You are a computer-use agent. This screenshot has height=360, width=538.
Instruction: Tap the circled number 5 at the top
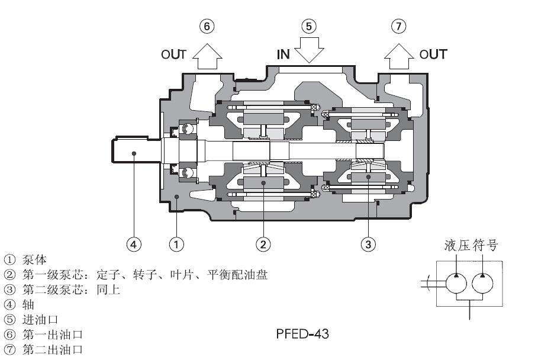[309, 26]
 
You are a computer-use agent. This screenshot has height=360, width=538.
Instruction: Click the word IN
[284, 55]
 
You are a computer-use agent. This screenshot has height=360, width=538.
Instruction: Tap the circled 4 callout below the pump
[134, 243]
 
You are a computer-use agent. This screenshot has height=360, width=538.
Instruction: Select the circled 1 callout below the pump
[175, 243]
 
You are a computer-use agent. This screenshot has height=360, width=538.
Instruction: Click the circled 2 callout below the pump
[263, 243]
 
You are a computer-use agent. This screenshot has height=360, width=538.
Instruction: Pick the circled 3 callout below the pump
[368, 243]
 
